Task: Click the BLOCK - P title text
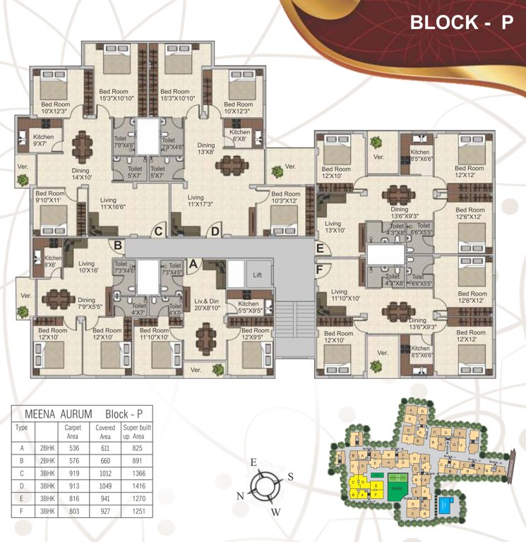pyautogui.click(x=460, y=22)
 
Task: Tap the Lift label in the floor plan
pyautogui.click(x=258, y=275)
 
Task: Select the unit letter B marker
pyautogui.click(x=119, y=246)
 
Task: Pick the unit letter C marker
pyautogui.click(x=159, y=231)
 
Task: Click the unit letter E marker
pyautogui.click(x=320, y=248)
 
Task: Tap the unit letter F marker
pyautogui.click(x=320, y=269)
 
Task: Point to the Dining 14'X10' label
pyautogui.click(x=85, y=174)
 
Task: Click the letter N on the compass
pyautogui.click(x=240, y=496)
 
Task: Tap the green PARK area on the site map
pyautogui.click(x=396, y=488)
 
